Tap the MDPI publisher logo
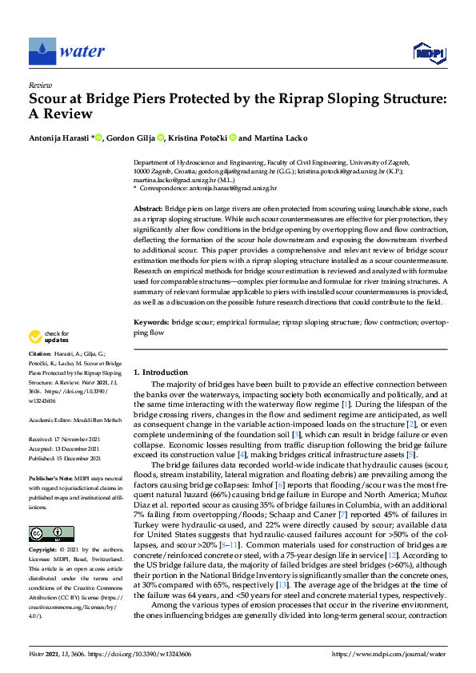pos(429,53)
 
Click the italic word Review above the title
pos(40,84)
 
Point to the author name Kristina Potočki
pos(198,138)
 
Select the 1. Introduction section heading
pos(161,372)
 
